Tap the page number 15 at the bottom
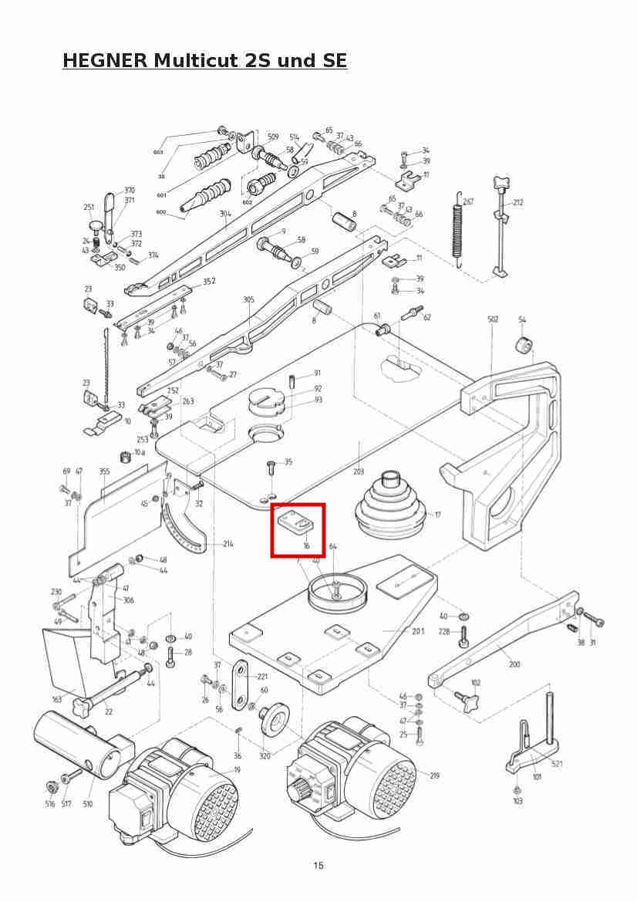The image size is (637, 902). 318,865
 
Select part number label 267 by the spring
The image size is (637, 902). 468,201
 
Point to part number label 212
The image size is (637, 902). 517,203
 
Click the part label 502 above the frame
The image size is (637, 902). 493,319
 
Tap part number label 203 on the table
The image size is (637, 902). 358,471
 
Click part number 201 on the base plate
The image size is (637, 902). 417,631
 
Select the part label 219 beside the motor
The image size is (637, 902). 434,775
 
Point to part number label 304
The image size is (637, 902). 225,214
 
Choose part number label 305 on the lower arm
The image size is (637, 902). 248,299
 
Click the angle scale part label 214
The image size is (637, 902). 228,544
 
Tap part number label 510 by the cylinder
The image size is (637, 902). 88,804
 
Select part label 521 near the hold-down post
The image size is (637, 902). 557,763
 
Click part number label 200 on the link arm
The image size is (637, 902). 514,664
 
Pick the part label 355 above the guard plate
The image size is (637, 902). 104,471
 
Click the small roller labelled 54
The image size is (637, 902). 524,344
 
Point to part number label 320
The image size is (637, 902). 265,756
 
